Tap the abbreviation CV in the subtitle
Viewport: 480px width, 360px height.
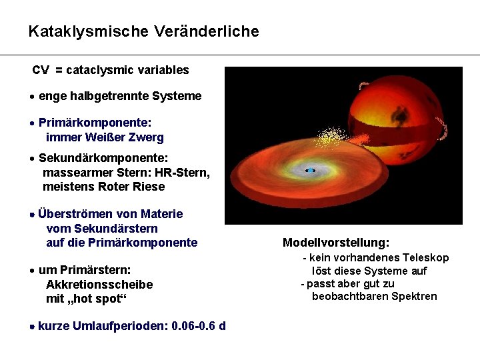[x=41, y=70]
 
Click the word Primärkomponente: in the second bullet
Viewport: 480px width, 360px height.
[x=95, y=123]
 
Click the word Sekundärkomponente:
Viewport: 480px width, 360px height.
[x=103, y=158]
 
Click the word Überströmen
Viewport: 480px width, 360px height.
[x=77, y=214]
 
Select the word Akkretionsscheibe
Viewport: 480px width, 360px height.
[x=99, y=285]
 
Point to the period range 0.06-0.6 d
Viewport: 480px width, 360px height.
[x=198, y=327]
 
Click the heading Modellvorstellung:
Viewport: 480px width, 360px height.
[x=336, y=243]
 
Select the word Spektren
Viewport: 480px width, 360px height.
[x=413, y=296]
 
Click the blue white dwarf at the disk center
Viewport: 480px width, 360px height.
[x=310, y=171]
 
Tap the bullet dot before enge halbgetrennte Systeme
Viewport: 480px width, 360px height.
[x=33, y=97]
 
